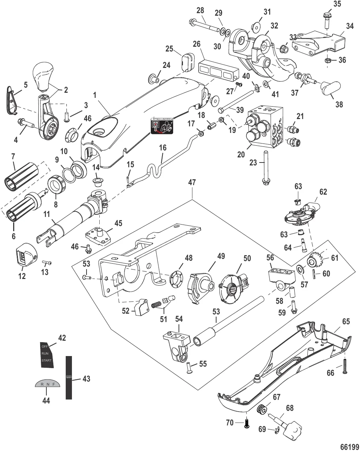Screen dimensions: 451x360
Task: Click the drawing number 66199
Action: tap(350, 446)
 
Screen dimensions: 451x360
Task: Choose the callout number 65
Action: tap(345, 322)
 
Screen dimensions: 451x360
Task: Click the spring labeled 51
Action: tap(156, 303)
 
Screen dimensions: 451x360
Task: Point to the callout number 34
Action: tap(349, 27)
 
